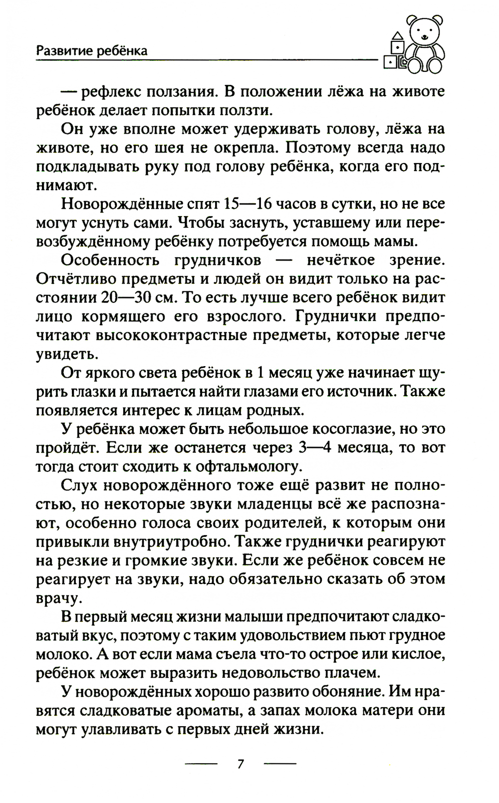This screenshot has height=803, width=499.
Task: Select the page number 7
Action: pyautogui.click(x=241, y=764)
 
